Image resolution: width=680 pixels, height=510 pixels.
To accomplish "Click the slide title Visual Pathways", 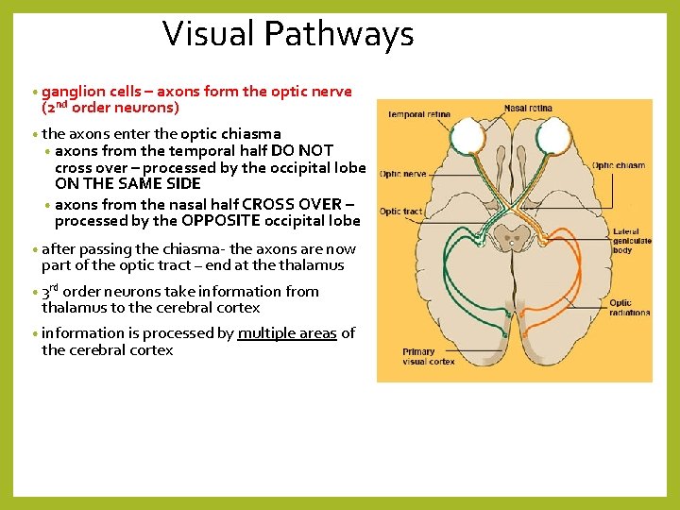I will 288,34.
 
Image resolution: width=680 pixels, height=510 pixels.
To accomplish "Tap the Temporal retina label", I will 419,115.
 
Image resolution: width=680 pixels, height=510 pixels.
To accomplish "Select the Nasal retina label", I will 528,109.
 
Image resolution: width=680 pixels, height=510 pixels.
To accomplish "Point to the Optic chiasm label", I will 619,165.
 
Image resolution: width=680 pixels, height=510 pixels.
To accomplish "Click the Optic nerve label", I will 403,174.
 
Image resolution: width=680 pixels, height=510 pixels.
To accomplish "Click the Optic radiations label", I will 629,308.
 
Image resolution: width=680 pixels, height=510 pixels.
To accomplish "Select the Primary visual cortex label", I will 428,356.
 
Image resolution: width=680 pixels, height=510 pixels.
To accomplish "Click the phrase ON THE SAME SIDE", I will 127,183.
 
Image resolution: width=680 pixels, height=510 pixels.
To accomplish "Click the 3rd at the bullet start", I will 50,291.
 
